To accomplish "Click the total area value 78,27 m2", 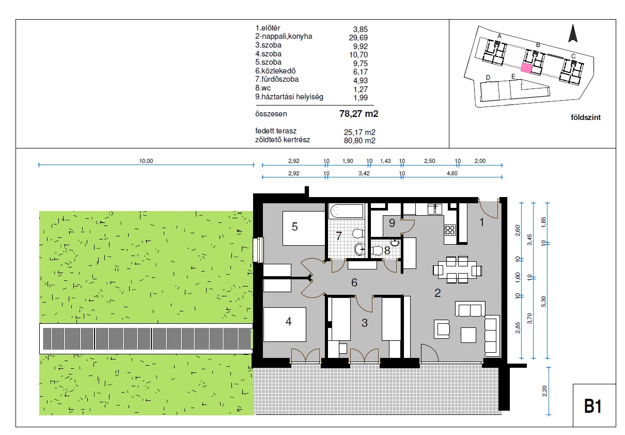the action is click(x=358, y=114).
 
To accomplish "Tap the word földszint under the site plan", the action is click(x=585, y=117).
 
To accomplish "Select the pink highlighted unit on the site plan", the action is click(x=526, y=68).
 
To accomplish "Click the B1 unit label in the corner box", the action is click(x=593, y=406).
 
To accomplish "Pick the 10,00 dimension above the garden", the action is click(x=146, y=161).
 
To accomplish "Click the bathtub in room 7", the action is click(x=347, y=211).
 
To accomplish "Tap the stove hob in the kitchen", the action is click(x=450, y=230).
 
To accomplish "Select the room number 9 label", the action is click(x=392, y=223).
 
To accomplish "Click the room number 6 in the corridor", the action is click(x=354, y=282).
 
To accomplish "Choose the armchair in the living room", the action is click(x=442, y=329).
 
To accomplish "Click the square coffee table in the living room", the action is click(x=468, y=335).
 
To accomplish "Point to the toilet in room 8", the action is click(x=377, y=250).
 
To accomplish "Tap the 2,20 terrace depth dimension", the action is click(x=544, y=391).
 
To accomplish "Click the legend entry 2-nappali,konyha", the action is click(x=284, y=36).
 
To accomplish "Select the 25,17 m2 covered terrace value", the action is click(x=360, y=132).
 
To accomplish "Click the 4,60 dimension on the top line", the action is click(x=452, y=173).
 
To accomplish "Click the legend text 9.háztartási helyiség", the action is click(x=289, y=97).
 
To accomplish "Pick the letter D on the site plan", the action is click(x=488, y=78).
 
